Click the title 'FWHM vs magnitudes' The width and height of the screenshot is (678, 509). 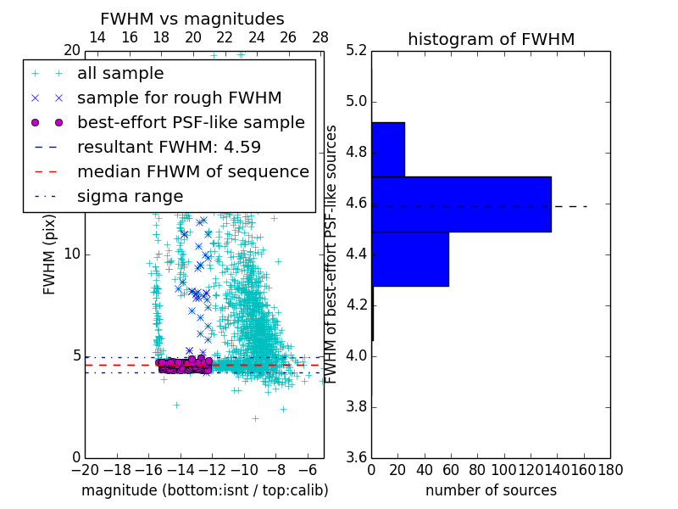click(192, 20)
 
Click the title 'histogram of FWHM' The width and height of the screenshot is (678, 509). click(491, 40)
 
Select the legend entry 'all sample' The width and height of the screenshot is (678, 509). click(120, 74)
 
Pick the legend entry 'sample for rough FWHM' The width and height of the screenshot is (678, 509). click(179, 98)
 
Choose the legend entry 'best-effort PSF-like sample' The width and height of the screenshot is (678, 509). click(191, 123)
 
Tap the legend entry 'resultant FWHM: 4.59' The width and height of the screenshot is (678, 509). click(169, 148)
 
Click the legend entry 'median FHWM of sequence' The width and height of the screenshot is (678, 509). click(192, 172)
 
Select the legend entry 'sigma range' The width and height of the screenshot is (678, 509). click(130, 197)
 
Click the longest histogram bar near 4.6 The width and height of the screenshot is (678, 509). click(461, 204)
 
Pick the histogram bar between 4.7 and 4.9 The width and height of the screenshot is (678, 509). click(388, 149)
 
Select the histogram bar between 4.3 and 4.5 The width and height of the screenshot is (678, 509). click(410, 259)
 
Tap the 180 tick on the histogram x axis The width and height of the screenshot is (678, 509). click(610, 469)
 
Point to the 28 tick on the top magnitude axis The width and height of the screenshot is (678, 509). click(320, 38)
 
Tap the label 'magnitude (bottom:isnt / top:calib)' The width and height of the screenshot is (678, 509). click(204, 490)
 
